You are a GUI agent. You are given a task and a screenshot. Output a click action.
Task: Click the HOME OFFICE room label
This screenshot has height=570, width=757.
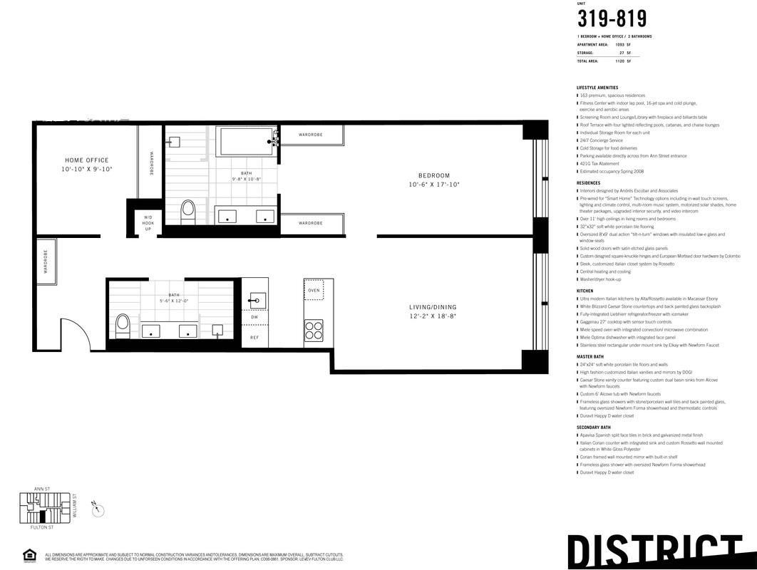pos(87,160)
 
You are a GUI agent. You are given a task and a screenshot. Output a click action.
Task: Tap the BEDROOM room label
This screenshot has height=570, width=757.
pos(434,176)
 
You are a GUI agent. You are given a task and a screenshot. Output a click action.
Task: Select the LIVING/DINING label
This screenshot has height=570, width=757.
pos(432,307)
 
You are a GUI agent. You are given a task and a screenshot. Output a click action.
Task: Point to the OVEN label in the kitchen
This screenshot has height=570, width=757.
pos(314,291)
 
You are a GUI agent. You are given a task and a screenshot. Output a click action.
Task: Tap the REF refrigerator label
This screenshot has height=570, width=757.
pos(254,337)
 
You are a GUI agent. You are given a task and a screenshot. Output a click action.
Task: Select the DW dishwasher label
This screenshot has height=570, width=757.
pos(254,317)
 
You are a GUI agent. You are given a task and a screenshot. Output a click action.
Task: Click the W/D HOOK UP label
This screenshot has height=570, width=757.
pos(148,223)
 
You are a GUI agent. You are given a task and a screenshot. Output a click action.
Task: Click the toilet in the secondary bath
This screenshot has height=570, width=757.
pos(122,324)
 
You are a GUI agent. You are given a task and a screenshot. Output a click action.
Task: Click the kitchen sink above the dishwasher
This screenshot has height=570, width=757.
pos(257,299)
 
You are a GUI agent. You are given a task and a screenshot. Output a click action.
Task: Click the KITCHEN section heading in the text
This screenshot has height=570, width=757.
pos(585,291)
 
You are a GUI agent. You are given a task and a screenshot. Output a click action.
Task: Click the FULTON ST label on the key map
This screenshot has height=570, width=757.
pos(43,527)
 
